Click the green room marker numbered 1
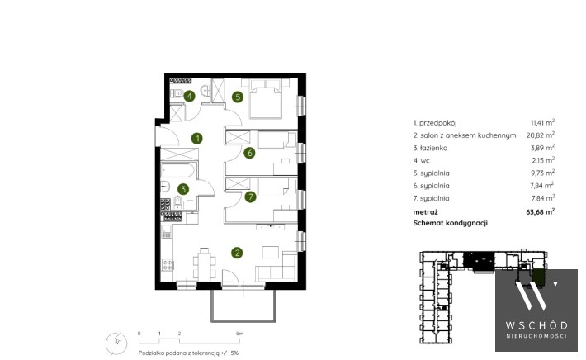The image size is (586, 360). point(197,139)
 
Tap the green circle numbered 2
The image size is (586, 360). point(237,253)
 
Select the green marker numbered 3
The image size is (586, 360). point(183,189)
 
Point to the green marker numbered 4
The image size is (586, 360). point(190,96)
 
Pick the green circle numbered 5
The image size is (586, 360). point(238,97)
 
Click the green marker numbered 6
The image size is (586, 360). point(249,153)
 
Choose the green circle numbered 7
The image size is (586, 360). point(250,197)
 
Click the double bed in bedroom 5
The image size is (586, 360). point(265,99)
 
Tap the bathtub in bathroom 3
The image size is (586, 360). point(178,170)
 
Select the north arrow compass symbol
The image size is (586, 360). point(116,343)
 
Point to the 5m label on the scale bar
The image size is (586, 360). point(239,333)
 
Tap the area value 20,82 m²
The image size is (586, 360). point(541,135)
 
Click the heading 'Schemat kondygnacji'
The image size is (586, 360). point(451,223)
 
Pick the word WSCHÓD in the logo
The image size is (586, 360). point(536,325)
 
